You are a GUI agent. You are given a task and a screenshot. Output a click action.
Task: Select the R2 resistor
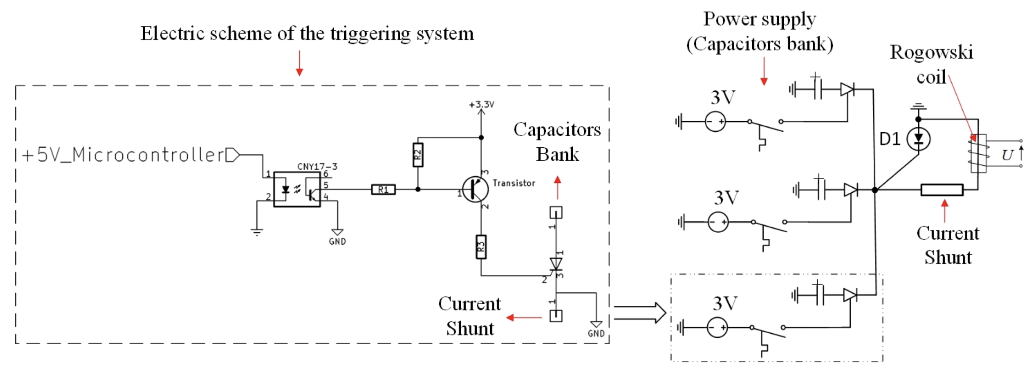(418, 155)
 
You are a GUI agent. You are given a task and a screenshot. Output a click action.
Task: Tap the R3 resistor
(481, 247)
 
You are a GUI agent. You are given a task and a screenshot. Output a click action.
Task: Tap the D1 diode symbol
(918, 139)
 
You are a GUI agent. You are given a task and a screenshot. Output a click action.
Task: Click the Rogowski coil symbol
(978, 153)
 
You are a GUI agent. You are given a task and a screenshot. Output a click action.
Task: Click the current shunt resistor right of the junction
(942, 190)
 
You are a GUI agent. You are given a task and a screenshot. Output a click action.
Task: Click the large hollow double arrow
(640, 313)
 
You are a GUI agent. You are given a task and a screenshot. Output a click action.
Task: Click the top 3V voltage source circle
(716, 121)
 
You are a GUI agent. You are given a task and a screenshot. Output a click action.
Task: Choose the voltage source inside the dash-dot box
(717, 328)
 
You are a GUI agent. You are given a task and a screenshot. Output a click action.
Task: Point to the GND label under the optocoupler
(337, 241)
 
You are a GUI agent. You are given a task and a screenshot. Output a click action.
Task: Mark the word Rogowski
(931, 52)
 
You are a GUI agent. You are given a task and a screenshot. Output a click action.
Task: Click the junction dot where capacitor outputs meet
(875, 190)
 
